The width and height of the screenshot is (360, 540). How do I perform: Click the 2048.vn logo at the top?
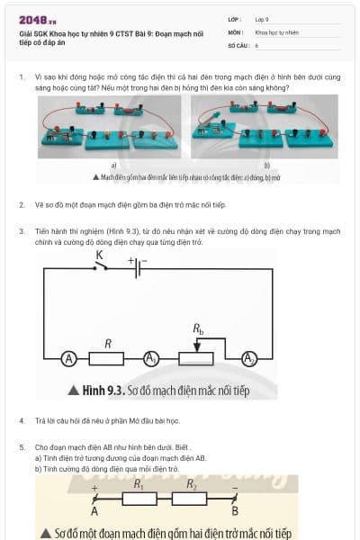(x=37, y=19)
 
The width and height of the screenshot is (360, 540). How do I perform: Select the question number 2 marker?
(x=22, y=205)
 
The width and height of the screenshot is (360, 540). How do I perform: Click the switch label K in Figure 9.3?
(x=99, y=255)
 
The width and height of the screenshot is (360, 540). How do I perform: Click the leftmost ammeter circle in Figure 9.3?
(x=67, y=359)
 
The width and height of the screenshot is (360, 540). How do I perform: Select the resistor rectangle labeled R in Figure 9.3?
(x=109, y=359)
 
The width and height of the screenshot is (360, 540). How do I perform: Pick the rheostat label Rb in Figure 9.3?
(x=199, y=330)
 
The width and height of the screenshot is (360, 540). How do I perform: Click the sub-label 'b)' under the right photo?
(x=266, y=166)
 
